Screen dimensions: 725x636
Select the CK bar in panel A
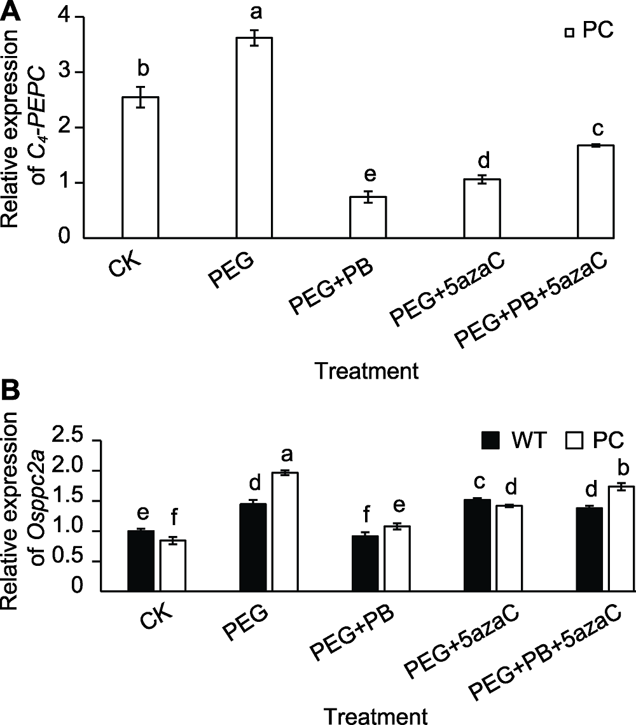[x=140, y=168]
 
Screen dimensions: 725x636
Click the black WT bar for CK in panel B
[x=140, y=561]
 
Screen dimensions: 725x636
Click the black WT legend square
[x=491, y=440]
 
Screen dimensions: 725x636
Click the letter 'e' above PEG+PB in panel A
[x=368, y=174]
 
